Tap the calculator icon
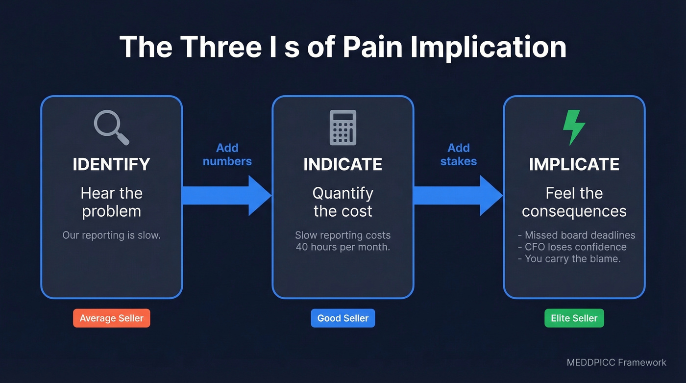pos(343,128)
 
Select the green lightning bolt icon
pos(574,128)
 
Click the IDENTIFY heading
pos(111,164)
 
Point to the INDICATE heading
pos(343,164)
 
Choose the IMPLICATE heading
pos(574,164)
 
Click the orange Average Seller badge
pos(112,318)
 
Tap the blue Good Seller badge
pos(343,318)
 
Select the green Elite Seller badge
pos(574,318)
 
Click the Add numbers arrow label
pos(227,154)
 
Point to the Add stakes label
pos(458,154)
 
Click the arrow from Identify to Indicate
pos(225,196)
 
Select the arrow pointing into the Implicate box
pos(457,196)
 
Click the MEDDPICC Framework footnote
pos(616,362)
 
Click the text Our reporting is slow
pos(111,235)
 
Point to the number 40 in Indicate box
pos(302,247)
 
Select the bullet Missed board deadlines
pos(576,235)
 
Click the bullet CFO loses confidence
pos(572,247)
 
